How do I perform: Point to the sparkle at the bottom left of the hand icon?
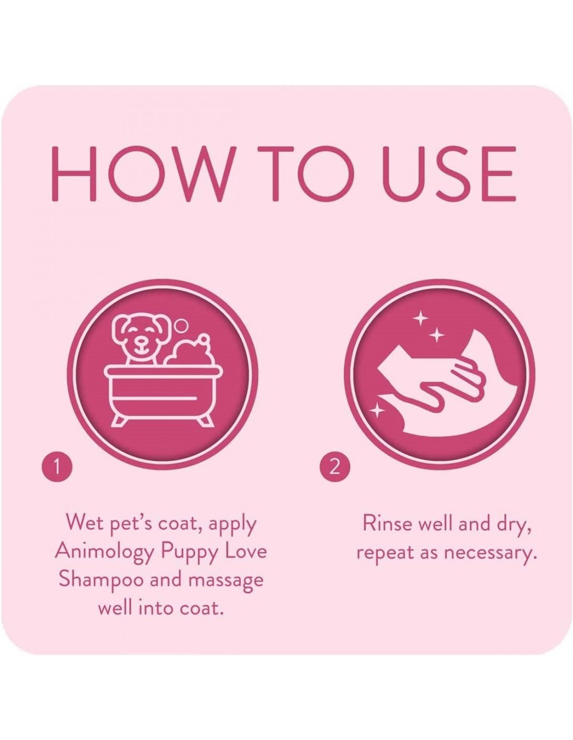click(377, 411)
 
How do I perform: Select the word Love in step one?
click(245, 551)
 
